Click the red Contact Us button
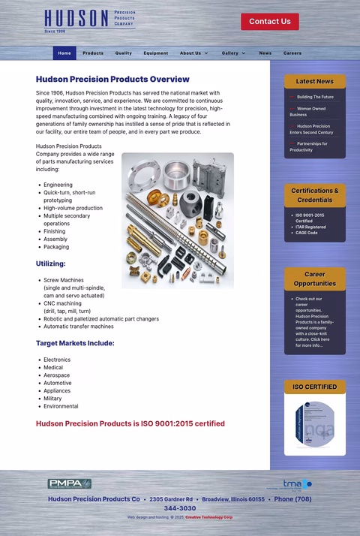click(x=269, y=22)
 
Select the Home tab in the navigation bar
click(x=64, y=53)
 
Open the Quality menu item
click(x=124, y=53)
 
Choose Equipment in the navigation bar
click(x=156, y=53)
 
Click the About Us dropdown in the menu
click(x=193, y=53)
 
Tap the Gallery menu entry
click(x=233, y=53)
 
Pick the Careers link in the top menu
click(x=292, y=53)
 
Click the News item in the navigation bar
click(x=265, y=53)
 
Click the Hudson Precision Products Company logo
click(x=89, y=21)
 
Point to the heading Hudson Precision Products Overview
click(x=112, y=79)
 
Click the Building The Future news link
click(x=315, y=97)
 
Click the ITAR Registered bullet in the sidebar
click(x=310, y=227)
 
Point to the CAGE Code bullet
click(x=306, y=233)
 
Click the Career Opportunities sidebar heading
click(x=315, y=279)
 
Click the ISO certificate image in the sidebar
click(x=315, y=425)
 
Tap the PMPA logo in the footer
click(x=70, y=483)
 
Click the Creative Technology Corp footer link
click(x=209, y=517)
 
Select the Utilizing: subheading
click(x=51, y=263)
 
